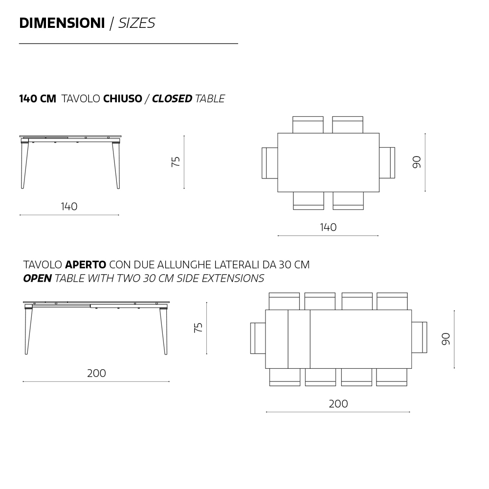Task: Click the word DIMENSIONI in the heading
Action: tap(62, 23)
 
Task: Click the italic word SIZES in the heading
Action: tap(136, 23)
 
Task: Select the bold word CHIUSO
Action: tap(123, 99)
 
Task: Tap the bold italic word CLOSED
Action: tap(172, 99)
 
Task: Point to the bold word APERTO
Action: tap(86, 265)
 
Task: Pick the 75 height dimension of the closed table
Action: tap(176, 161)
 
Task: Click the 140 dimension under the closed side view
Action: tap(69, 206)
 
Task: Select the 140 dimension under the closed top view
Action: tap(328, 227)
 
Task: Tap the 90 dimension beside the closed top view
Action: tap(417, 162)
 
